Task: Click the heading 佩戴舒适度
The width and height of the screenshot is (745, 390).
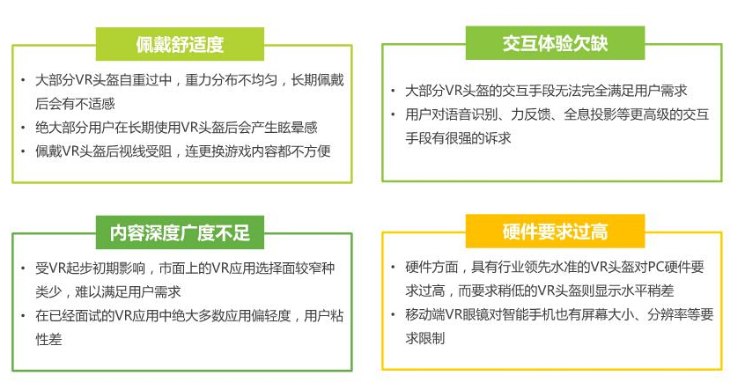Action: point(180,44)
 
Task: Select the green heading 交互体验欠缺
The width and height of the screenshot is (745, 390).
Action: point(555,43)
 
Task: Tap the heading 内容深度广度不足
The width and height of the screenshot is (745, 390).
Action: point(180,232)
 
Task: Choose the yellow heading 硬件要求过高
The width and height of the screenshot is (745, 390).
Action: point(555,232)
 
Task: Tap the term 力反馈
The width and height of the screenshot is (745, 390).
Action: point(530,114)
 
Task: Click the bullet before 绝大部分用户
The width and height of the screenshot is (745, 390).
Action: point(23,128)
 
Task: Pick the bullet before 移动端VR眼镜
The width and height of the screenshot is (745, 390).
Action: point(393,314)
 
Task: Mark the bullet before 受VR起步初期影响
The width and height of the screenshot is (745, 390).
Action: point(23,268)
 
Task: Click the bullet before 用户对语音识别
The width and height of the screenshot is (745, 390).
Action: point(393,114)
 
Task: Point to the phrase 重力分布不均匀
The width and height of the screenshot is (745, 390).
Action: point(232,80)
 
